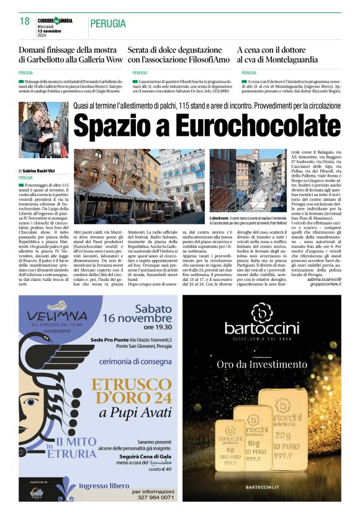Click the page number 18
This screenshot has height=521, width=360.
(25, 21)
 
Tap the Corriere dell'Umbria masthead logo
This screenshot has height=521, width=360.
(55, 21)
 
